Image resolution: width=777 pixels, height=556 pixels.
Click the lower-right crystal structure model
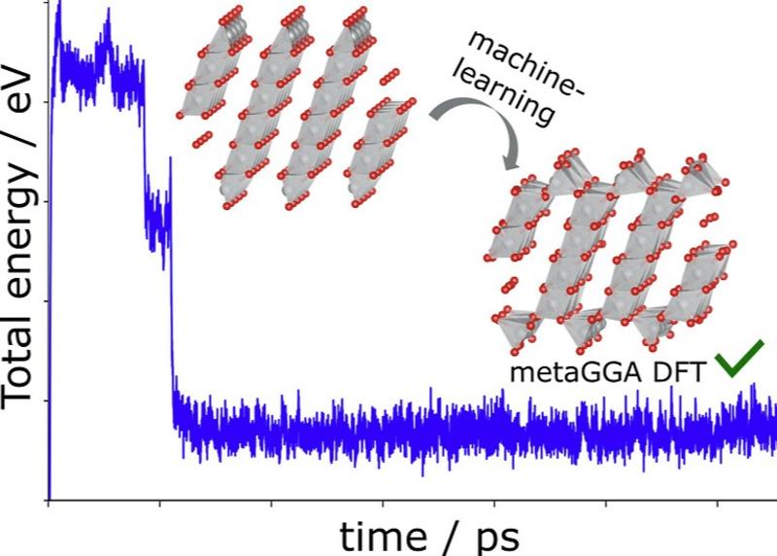point(612,253)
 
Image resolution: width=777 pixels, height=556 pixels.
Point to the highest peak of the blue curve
point(58,5)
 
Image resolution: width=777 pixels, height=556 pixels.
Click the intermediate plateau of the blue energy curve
point(155,219)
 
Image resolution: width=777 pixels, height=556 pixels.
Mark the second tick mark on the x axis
point(159,503)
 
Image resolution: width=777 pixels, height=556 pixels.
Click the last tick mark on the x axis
point(718,503)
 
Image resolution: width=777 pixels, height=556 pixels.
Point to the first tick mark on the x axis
point(48,503)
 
